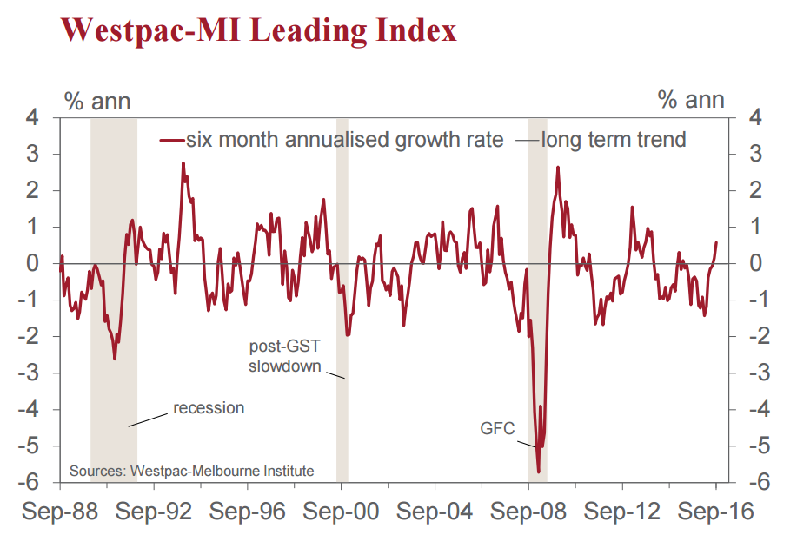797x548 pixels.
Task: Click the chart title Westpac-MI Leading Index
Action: [x=258, y=30]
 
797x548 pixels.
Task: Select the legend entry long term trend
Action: [x=614, y=140]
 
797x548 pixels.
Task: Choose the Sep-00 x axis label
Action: [x=342, y=512]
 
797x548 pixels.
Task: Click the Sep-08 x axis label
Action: [x=529, y=512]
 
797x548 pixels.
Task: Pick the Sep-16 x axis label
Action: [x=716, y=512]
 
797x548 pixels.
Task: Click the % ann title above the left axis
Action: [x=97, y=101]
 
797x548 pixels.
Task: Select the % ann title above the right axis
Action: [x=691, y=101]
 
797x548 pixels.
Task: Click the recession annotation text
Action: [x=209, y=407]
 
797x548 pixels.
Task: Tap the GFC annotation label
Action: [x=497, y=428]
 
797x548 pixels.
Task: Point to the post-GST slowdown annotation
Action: [x=284, y=356]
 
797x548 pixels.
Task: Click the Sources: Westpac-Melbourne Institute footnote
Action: [x=191, y=471]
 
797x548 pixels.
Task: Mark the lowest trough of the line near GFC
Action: [x=539, y=472]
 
